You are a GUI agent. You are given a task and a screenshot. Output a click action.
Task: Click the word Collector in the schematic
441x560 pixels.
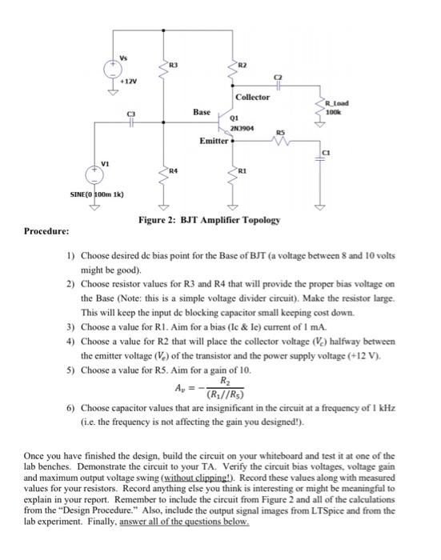[x=252, y=97]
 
